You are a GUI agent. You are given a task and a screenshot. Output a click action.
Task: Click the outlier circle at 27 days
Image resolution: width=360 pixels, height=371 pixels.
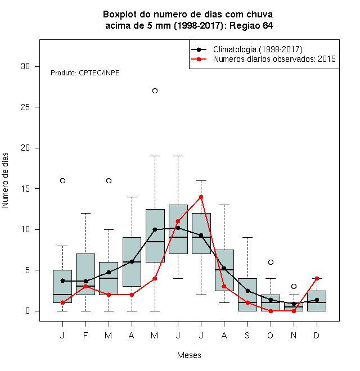click(x=155, y=91)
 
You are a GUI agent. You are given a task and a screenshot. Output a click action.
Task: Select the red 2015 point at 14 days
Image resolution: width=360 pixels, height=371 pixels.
click(x=201, y=197)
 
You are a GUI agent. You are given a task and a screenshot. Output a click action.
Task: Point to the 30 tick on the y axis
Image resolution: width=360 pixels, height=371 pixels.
click(x=37, y=66)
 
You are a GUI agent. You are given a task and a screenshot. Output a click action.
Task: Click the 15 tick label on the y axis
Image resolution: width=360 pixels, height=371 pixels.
click(x=25, y=189)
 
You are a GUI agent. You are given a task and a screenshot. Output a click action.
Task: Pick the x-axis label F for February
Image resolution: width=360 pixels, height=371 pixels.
click(x=85, y=335)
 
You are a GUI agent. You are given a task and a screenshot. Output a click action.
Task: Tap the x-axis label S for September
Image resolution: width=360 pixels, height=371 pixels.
click(x=247, y=335)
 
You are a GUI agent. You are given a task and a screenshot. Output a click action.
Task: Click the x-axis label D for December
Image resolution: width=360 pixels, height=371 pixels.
click(x=317, y=335)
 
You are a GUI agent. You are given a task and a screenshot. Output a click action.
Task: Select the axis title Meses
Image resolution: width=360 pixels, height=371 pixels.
click(x=189, y=355)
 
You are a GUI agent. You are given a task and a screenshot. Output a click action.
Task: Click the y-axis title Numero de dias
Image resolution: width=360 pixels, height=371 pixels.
click(x=5, y=180)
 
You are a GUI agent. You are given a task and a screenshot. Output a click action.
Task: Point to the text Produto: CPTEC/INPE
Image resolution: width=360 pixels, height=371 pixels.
click(x=85, y=73)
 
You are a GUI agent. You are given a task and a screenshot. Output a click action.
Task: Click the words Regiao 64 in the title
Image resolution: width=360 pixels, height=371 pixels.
click(x=251, y=25)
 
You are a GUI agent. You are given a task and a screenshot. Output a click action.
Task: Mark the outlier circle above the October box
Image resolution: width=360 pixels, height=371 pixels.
click(x=271, y=262)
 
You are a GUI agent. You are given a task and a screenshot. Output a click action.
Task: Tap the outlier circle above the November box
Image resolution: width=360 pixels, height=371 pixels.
click(x=294, y=287)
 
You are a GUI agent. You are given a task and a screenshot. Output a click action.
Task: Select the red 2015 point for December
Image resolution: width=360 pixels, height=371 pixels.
click(x=317, y=278)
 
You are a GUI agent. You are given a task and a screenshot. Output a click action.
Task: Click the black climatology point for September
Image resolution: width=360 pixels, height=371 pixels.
click(x=247, y=291)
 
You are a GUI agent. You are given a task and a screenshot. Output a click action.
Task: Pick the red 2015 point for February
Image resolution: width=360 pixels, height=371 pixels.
click(x=85, y=287)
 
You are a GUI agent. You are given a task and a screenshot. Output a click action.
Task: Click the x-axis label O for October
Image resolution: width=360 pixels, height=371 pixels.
click(x=270, y=335)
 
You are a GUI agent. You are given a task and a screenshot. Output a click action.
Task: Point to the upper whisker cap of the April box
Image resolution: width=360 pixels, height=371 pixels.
click(x=132, y=197)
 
